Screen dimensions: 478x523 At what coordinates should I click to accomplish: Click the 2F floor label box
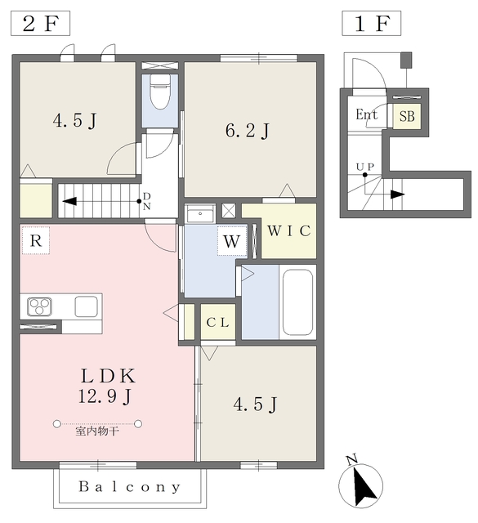(x=40, y=23)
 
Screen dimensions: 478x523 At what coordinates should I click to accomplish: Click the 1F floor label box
(x=371, y=23)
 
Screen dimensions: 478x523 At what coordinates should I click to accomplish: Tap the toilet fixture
(x=160, y=92)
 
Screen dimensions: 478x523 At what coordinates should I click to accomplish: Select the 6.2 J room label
(x=248, y=131)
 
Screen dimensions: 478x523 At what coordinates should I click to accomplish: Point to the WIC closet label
(x=289, y=230)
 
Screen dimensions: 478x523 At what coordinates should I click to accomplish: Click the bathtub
(x=297, y=302)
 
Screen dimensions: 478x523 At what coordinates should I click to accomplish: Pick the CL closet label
(x=218, y=322)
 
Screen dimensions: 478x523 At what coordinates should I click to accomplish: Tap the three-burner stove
(x=40, y=306)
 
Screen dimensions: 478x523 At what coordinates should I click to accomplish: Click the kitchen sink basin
(x=86, y=306)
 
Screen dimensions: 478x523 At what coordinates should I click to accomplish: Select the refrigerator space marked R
(x=36, y=240)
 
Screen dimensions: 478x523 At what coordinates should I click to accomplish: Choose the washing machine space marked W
(x=232, y=241)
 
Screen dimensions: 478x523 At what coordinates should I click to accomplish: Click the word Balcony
(x=130, y=487)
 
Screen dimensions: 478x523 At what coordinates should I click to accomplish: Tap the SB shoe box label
(x=407, y=116)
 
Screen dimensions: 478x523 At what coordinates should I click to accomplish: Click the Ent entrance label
(x=366, y=114)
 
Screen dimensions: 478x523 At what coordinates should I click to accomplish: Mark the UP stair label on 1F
(x=365, y=167)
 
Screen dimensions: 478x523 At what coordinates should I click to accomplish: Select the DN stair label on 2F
(x=147, y=201)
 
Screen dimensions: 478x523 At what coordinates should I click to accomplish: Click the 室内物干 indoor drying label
(x=97, y=431)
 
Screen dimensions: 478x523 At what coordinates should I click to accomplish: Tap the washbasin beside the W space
(x=200, y=213)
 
